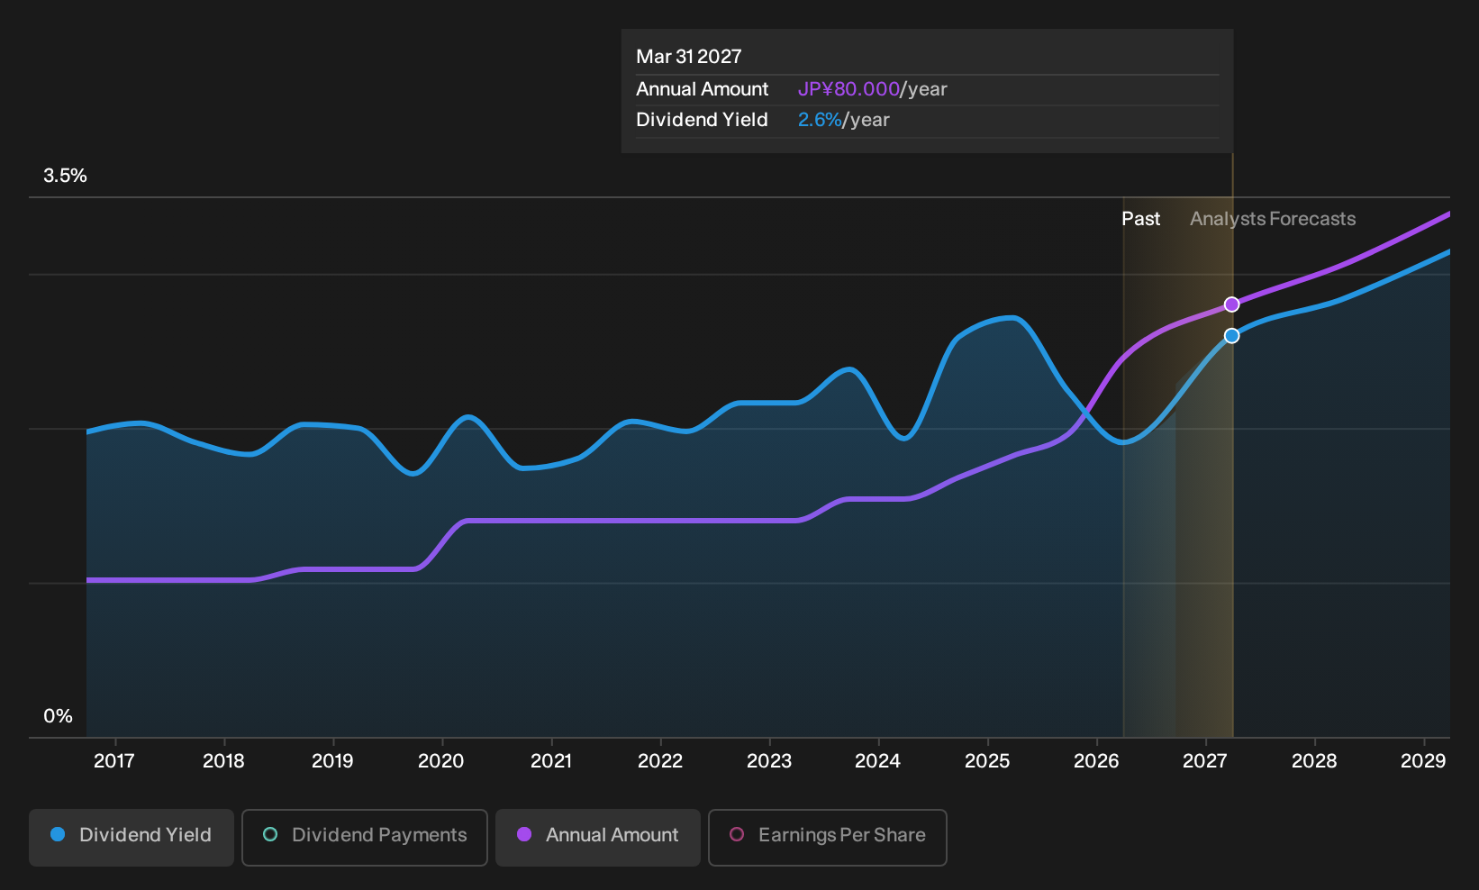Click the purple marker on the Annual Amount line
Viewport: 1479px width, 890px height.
pyautogui.click(x=1231, y=304)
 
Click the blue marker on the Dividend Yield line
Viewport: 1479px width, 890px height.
pyautogui.click(x=1231, y=336)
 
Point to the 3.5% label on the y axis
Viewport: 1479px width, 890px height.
pyautogui.click(x=65, y=176)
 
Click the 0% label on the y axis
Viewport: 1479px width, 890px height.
pyautogui.click(x=59, y=716)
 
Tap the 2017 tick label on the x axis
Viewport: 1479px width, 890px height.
pyautogui.click(x=114, y=761)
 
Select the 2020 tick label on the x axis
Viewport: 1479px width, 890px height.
pyautogui.click(x=441, y=761)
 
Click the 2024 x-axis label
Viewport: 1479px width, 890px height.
pyautogui.click(x=877, y=761)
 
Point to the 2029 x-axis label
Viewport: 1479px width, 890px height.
pyautogui.click(x=1423, y=761)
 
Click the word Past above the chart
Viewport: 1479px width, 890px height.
pyautogui.click(x=1141, y=219)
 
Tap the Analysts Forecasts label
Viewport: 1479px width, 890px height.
pyautogui.click(x=1273, y=219)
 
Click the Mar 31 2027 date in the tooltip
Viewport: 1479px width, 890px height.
pyautogui.click(x=689, y=57)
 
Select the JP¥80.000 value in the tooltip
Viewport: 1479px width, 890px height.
pyautogui.click(x=848, y=89)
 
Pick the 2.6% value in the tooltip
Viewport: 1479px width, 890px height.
pyautogui.click(x=820, y=120)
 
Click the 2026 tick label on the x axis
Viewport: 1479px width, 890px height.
pyautogui.click(x=1096, y=761)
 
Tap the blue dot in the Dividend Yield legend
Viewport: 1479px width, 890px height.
pyautogui.click(x=59, y=834)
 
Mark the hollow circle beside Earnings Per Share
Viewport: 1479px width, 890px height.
pyautogui.click(x=737, y=834)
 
